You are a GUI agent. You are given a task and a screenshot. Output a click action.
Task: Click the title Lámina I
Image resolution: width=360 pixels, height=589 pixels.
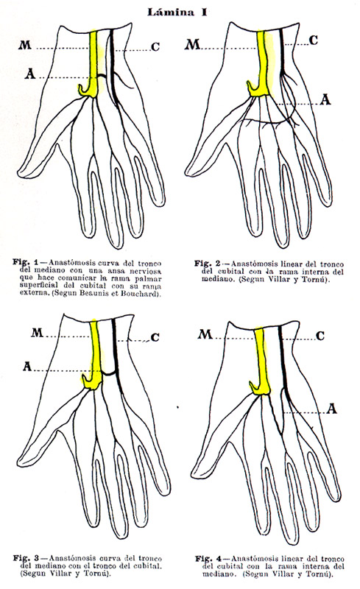click(177, 12)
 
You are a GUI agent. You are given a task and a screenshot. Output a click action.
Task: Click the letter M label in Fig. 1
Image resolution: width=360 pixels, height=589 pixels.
click(25, 46)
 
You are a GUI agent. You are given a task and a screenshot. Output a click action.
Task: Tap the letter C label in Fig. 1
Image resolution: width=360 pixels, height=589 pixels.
click(155, 47)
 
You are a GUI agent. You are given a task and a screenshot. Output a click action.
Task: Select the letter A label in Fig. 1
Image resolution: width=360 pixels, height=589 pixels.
click(30, 74)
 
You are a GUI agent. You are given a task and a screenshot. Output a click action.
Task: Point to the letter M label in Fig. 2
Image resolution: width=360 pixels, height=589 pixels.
click(192, 45)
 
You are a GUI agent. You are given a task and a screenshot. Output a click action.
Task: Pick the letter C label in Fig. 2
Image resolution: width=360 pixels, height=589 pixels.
click(314, 40)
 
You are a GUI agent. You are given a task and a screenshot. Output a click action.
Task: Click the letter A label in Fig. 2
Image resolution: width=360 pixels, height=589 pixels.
click(325, 100)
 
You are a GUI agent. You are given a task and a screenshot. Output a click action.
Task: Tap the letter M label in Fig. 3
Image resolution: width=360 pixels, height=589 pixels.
click(38, 333)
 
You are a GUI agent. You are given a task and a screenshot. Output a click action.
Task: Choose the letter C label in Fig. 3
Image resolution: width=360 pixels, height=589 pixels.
click(155, 338)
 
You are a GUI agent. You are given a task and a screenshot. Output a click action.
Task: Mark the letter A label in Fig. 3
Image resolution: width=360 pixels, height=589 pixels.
click(27, 366)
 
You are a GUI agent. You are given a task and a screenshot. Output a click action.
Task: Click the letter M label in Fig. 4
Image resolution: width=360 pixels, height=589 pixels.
click(205, 334)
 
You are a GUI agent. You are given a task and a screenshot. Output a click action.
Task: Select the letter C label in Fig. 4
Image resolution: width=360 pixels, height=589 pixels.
click(320, 336)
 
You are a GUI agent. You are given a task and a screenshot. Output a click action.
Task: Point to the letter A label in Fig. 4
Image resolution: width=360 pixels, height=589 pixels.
click(331, 409)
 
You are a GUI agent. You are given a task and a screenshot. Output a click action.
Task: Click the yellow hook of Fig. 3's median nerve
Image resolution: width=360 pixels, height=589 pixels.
click(86, 380)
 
